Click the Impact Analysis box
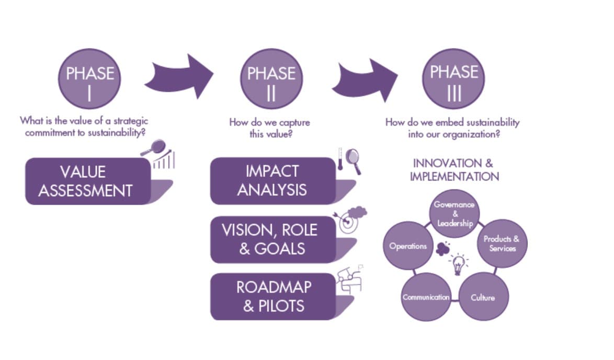[272, 181]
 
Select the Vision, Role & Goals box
[272, 240]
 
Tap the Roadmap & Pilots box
[272, 296]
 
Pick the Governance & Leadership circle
[454, 213]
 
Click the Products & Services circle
[502, 243]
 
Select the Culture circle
[483, 297]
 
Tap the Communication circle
[426, 297]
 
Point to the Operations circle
[408, 246]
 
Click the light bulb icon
[459, 264]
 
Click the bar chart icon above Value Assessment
[165, 160]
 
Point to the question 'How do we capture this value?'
[270, 128]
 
